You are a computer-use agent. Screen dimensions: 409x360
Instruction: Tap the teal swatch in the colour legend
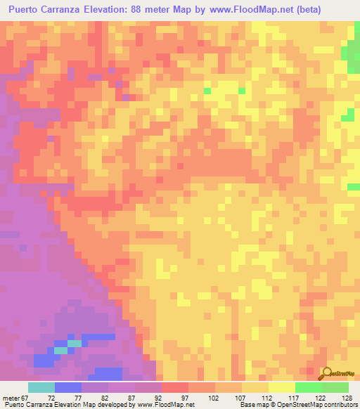[x=41, y=387]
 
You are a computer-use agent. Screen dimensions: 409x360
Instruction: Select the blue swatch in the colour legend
[x=67, y=387]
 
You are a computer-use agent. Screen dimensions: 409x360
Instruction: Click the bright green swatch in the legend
[x=308, y=387]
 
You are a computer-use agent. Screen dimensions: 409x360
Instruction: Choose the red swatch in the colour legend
[x=174, y=387]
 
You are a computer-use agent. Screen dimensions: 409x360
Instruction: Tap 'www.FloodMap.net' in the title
[x=257, y=9]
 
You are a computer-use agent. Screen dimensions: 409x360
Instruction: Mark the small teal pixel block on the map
[x=62, y=349]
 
